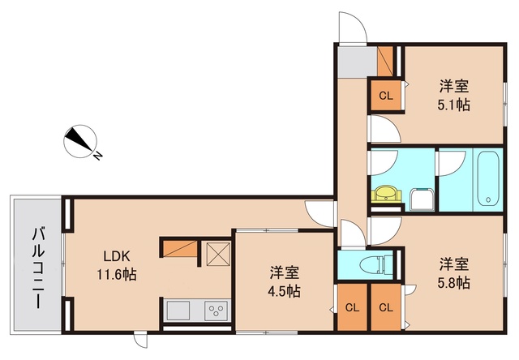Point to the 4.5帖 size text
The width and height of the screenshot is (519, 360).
(x=285, y=291)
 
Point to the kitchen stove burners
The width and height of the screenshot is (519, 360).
(x=215, y=311)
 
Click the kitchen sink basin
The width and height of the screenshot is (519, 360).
(x=178, y=311)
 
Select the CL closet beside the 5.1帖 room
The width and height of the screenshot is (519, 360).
(x=386, y=96)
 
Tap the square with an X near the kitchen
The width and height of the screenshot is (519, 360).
(x=218, y=254)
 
